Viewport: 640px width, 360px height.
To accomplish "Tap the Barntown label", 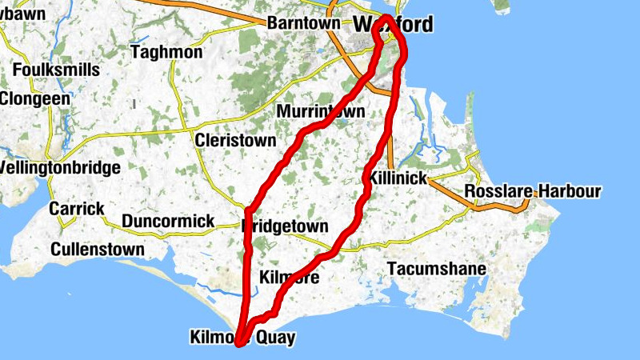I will coord(303,23).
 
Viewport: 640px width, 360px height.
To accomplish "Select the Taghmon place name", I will coord(166,52).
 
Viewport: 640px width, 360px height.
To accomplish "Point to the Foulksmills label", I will coord(56,70).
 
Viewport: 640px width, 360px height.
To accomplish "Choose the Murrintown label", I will coord(320,111).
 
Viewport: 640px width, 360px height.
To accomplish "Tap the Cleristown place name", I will coord(230,140).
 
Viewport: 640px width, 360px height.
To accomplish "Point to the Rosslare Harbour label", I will coord(533,192).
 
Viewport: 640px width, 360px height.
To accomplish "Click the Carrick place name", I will coord(77,209).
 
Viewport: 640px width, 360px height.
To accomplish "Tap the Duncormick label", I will coord(168,221).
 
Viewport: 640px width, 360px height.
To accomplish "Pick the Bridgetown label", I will coord(285,226).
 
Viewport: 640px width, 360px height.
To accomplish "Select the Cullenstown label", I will coord(98,250).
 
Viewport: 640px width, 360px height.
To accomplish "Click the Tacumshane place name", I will coord(436,269).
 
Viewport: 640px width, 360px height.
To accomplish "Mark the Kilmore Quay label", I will coord(242,338).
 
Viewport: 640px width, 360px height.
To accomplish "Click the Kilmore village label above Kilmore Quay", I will coord(290,278).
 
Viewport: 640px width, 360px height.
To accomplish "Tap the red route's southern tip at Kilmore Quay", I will coord(239,344).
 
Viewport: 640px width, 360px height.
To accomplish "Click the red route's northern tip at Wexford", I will coord(386,18).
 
